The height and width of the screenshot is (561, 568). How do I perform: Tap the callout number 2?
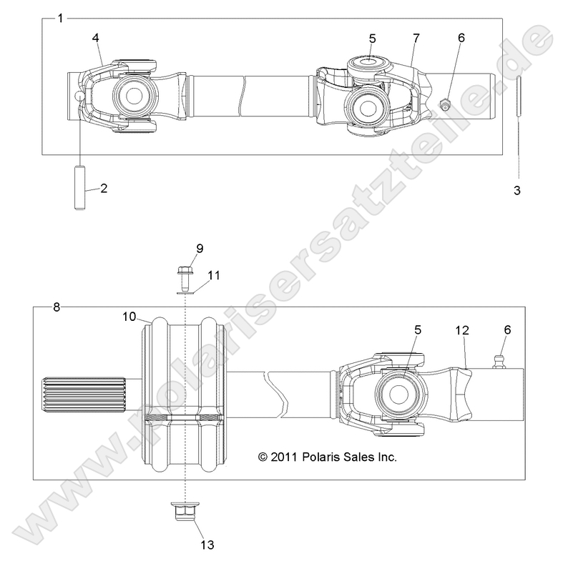[104, 189]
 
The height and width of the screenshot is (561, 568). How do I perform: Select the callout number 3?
[518, 191]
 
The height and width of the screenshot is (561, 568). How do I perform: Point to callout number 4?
[95, 38]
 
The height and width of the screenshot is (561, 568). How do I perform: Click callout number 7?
[414, 38]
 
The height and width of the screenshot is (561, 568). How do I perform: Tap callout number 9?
[200, 248]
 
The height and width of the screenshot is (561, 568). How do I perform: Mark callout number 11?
[215, 274]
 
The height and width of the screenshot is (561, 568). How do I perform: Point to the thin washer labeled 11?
[185, 291]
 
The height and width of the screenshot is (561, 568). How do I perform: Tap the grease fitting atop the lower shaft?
[499, 355]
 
